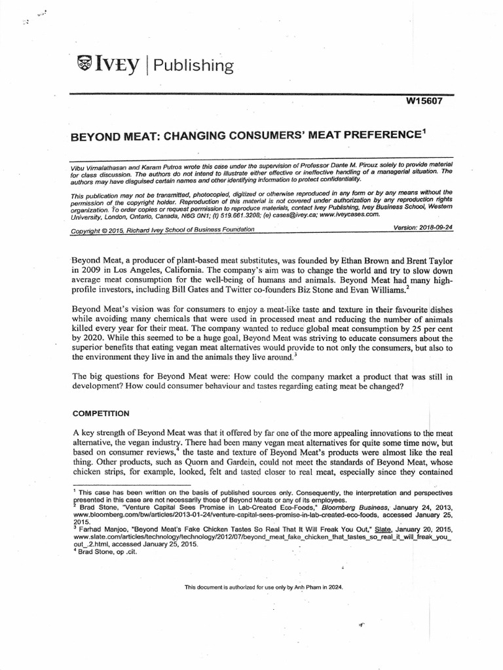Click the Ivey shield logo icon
tap(86, 63)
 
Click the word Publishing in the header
tap(195, 65)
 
